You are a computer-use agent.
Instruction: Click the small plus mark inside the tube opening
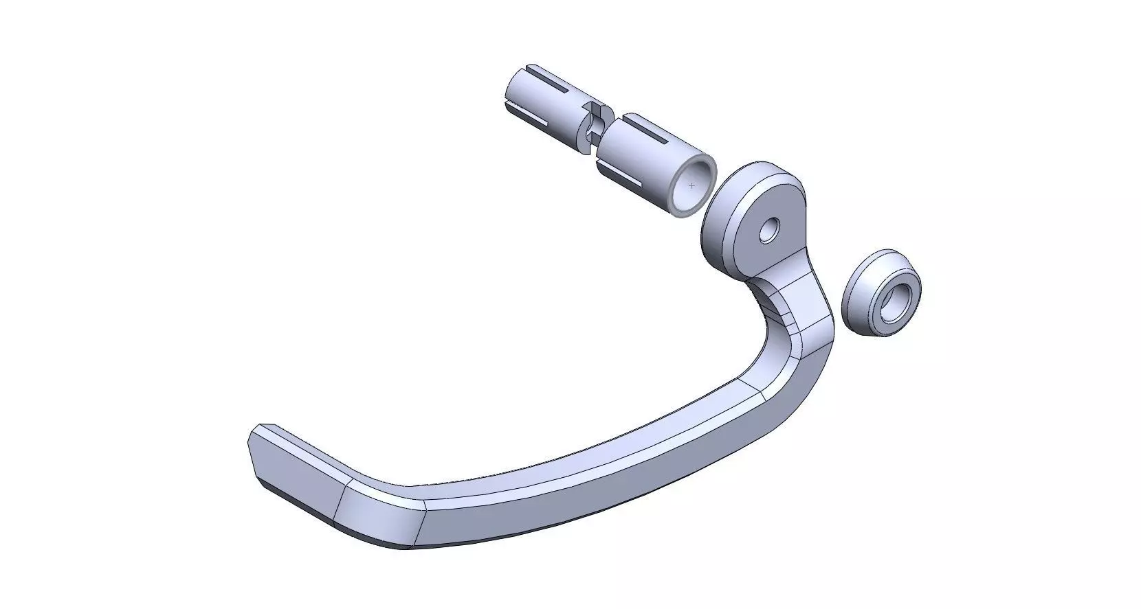click(x=691, y=186)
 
